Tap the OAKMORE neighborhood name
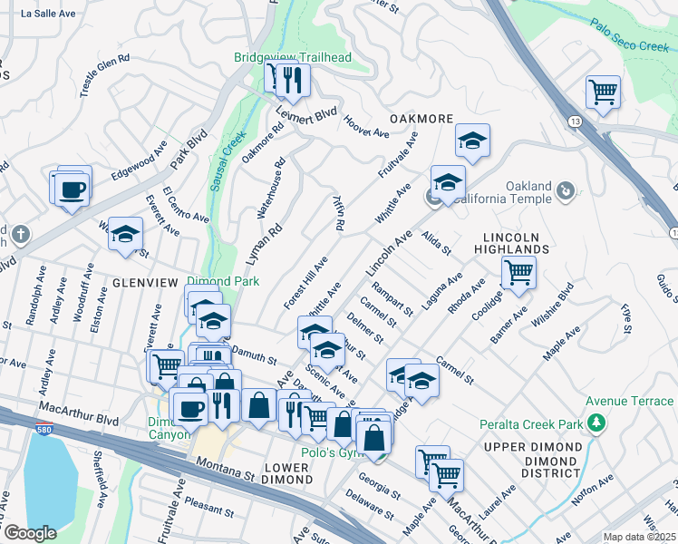(421, 119)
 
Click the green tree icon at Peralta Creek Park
(596, 423)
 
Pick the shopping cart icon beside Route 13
(603, 92)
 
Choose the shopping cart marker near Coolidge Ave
(518, 271)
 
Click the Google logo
(30, 533)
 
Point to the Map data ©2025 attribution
(639, 537)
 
